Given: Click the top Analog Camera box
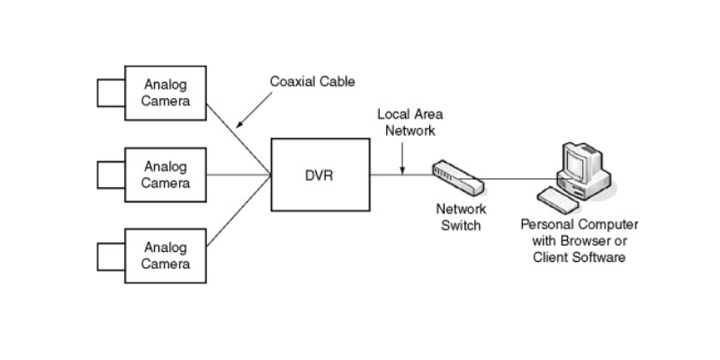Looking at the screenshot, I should (166, 93).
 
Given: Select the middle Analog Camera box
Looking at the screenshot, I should (166, 175).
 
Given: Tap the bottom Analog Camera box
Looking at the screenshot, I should (166, 255).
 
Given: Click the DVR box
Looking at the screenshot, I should (320, 175).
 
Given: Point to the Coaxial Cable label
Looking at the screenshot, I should (312, 82).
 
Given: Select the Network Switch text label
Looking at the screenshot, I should (460, 217).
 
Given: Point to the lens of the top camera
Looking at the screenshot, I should (110, 93).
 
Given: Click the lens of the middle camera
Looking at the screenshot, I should (110, 175).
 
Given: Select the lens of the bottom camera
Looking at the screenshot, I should (110, 255).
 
